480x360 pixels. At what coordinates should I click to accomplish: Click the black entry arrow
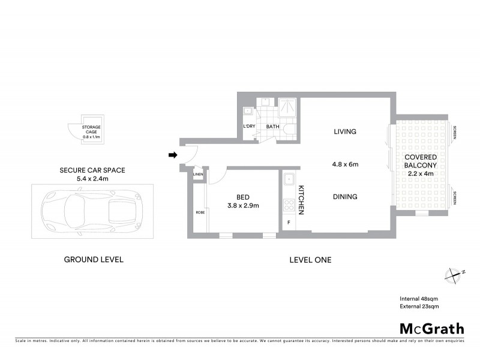[x=173, y=155]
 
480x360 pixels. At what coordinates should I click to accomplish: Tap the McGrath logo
[x=432, y=328]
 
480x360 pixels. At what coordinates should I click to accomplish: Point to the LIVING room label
[x=345, y=131]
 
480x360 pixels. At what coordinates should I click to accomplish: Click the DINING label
[x=345, y=196]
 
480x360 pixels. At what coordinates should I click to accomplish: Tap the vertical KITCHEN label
[x=301, y=200]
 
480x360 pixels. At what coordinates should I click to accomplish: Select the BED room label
[x=243, y=196]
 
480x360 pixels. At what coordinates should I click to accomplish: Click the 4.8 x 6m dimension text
[x=345, y=164]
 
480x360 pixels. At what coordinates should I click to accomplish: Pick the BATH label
[x=273, y=127]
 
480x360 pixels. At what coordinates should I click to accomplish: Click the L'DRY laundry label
[x=249, y=127]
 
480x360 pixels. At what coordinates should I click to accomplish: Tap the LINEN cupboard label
[x=198, y=175]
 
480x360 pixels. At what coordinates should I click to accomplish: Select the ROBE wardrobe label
[x=198, y=212]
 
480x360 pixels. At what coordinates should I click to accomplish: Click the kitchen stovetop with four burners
[x=288, y=205]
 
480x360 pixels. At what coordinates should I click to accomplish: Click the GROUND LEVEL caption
[x=94, y=260]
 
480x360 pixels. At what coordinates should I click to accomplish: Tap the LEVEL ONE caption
[x=310, y=260]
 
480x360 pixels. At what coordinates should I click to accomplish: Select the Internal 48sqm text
[x=419, y=298]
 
